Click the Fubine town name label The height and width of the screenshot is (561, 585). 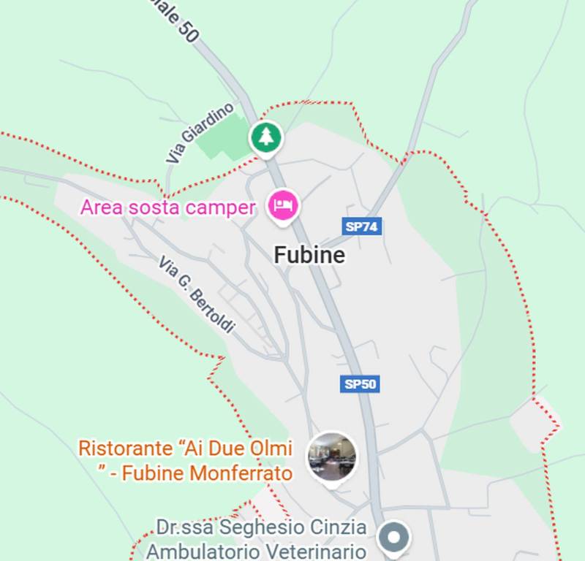[309, 254]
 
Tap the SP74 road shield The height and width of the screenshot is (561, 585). [362, 226]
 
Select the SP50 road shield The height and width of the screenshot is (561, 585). [361, 383]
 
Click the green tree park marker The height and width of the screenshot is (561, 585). [265, 137]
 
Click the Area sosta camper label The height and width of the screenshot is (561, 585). [168, 207]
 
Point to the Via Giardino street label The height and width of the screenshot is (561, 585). [199, 133]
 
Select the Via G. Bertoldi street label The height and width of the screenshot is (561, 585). [196, 295]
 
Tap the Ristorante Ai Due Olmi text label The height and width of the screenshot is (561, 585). [186, 460]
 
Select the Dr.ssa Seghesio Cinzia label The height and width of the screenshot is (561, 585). [261, 527]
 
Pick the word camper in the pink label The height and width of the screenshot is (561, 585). [220, 207]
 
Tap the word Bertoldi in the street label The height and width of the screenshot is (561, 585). [212, 311]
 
